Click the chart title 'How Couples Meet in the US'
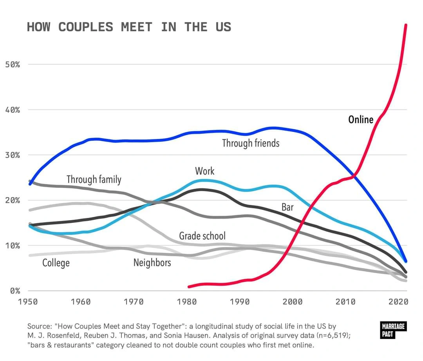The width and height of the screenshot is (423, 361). pyautogui.click(x=129, y=27)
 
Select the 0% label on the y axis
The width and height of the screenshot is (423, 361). pyautogui.click(x=14, y=291)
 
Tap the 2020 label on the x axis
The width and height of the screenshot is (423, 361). pyautogui.click(x=398, y=302)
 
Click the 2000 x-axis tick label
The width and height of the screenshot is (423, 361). pyautogui.click(x=292, y=302)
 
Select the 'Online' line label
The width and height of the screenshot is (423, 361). pyautogui.click(x=361, y=119)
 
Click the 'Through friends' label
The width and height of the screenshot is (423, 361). pyautogui.click(x=251, y=143)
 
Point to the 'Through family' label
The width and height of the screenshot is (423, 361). pyautogui.click(x=94, y=179)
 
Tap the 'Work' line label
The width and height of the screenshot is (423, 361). pyautogui.click(x=204, y=171)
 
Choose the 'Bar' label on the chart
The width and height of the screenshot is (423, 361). pyautogui.click(x=287, y=207)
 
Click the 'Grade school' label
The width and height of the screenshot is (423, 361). pyautogui.click(x=202, y=236)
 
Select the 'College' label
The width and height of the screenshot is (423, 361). pyautogui.click(x=56, y=263)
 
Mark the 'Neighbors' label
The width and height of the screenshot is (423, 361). pyautogui.click(x=152, y=263)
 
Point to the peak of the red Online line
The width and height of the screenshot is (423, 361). pyautogui.click(x=406, y=25)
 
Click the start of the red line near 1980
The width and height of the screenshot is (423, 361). pyautogui.click(x=189, y=286)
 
